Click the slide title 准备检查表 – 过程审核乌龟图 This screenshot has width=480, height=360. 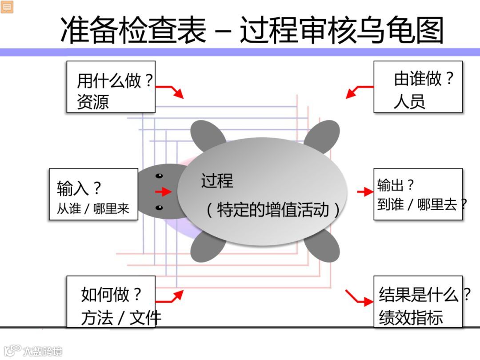point(252,30)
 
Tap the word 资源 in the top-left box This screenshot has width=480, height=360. point(93,102)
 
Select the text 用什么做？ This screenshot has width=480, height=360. point(115,81)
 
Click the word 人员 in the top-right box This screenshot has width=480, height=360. point(409,101)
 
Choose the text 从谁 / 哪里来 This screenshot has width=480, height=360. point(93,209)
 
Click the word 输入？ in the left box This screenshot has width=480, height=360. point(79,189)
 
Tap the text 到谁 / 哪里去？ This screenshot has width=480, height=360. point(422,204)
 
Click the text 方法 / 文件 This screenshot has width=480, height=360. point(121,317)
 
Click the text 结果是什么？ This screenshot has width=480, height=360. point(424,295)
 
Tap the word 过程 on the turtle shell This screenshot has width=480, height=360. point(217,181)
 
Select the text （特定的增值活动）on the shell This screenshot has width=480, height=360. point(272,209)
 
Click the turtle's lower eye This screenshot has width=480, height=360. point(159,208)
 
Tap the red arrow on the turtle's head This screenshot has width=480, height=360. point(164,192)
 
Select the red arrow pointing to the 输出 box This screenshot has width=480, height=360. point(365,192)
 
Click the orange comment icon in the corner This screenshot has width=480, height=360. point(7,7)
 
